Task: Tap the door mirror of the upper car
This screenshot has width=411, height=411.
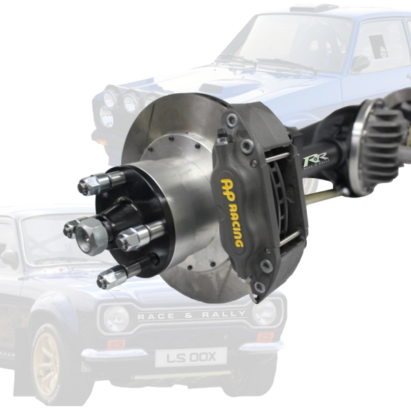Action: pyautogui.click(x=360, y=63)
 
